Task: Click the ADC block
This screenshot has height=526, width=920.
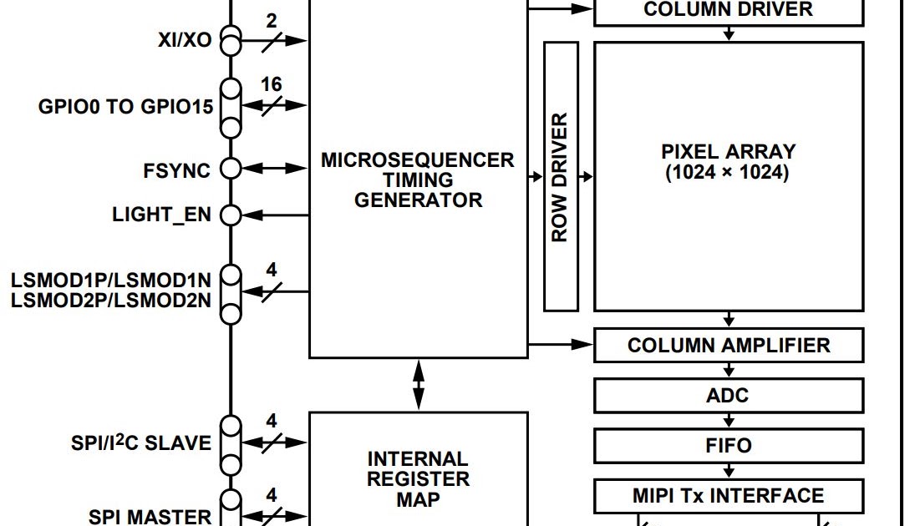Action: click(x=728, y=396)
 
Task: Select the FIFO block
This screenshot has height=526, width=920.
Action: click(x=728, y=446)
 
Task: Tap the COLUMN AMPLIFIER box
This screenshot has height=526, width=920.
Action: click(x=728, y=346)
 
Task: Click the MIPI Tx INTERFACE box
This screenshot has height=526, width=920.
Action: click(x=728, y=496)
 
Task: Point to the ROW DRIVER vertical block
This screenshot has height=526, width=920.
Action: click(x=561, y=177)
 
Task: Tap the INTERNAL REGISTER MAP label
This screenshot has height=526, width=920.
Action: click(x=418, y=479)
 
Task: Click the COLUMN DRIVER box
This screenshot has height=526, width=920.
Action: click(x=728, y=11)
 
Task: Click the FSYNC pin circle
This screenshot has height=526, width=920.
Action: click(x=230, y=169)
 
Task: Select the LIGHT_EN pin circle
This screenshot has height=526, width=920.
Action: click(x=230, y=215)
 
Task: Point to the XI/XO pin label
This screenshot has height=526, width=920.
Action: click(x=185, y=40)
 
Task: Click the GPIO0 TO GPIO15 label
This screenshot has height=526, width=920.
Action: click(x=125, y=108)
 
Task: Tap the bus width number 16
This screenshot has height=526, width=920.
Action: click(x=272, y=85)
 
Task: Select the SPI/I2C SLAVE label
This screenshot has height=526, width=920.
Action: click(x=141, y=443)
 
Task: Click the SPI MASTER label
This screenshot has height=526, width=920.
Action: click(x=150, y=516)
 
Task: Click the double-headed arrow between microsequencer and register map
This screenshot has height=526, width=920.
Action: click(x=418, y=385)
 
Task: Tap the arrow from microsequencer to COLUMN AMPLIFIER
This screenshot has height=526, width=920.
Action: click(x=560, y=343)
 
